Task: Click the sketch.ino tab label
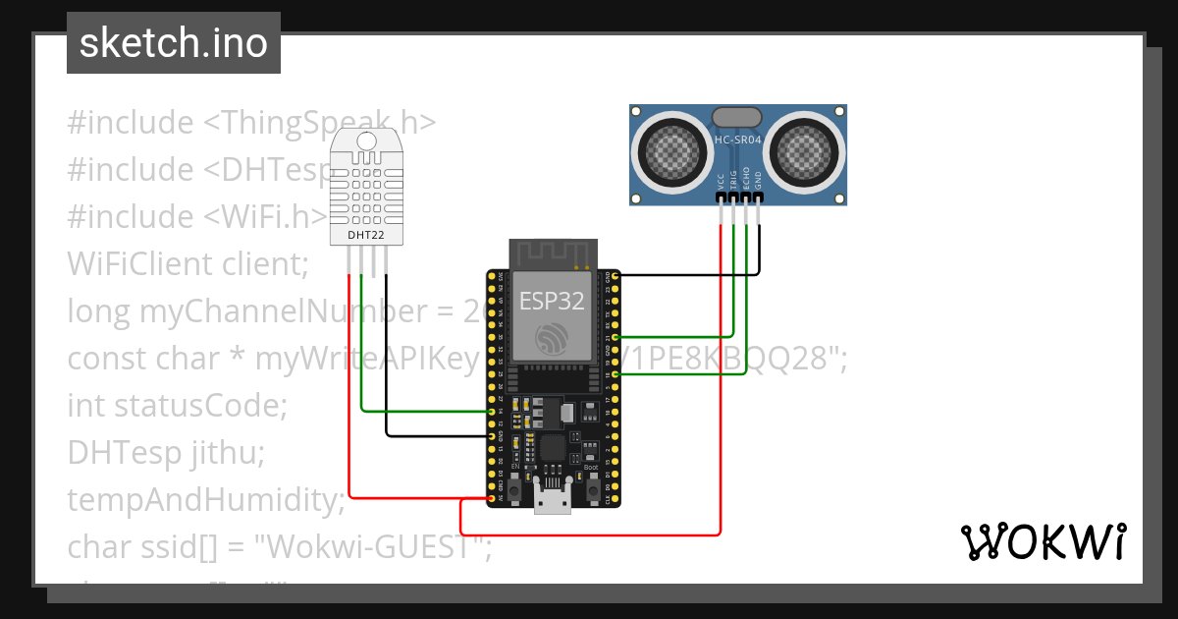[x=174, y=44]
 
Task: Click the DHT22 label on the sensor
[x=366, y=236]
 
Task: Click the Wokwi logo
[x=1043, y=542]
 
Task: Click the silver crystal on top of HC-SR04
[x=737, y=116]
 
